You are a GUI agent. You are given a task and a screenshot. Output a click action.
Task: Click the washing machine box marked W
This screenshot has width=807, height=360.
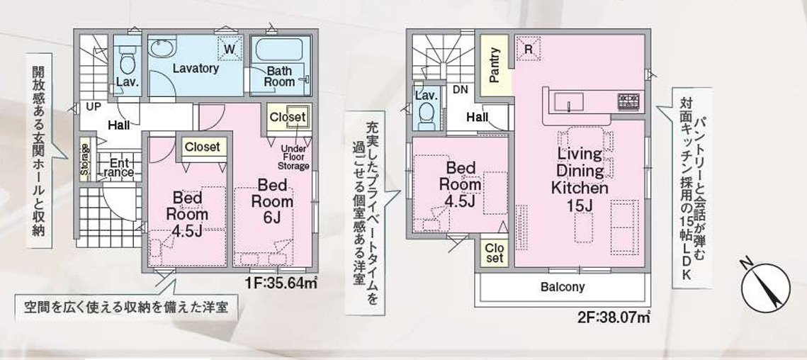tap(230, 49)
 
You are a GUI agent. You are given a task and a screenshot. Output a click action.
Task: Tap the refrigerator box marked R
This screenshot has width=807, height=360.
tap(528, 48)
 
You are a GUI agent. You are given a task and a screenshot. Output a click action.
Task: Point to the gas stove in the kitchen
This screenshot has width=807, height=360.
tap(628, 101)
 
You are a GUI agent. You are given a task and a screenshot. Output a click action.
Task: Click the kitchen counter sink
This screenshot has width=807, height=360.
tap(568, 102)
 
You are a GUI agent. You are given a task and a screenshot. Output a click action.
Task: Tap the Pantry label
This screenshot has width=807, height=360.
tap(495, 65)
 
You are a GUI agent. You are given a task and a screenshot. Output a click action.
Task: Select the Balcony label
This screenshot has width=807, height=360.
tap(563, 287)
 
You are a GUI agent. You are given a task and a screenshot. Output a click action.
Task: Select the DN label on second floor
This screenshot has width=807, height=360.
tap(460, 89)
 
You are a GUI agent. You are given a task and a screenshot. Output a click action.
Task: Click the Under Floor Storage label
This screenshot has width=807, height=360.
tap(294, 157)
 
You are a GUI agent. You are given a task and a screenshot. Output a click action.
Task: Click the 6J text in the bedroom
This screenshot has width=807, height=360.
tap(272, 218)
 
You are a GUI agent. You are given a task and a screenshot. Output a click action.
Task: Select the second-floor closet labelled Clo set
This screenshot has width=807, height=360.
tap(495, 252)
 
